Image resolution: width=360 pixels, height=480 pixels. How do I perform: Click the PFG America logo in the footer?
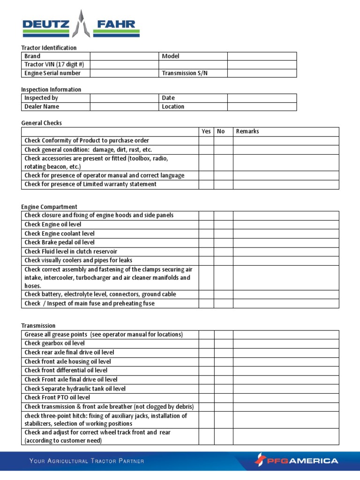point(296,460)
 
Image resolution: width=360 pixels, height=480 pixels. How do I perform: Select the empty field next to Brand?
point(124,56)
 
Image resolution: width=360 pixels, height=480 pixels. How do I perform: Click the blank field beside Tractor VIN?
point(124,65)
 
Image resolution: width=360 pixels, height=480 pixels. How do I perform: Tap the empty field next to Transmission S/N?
point(262,73)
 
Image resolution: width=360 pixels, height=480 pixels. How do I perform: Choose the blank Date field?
point(262,98)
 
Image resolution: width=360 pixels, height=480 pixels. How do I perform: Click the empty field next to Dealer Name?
point(124,106)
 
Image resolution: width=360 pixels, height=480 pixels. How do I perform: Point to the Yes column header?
point(206,132)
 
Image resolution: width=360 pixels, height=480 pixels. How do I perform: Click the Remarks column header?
point(247,132)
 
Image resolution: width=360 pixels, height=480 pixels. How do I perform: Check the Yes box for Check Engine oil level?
point(206,225)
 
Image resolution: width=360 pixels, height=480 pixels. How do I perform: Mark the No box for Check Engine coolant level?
point(224,233)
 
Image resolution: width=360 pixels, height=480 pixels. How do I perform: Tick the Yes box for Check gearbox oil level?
point(206,344)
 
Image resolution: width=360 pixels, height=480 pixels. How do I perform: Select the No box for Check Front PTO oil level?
point(224,397)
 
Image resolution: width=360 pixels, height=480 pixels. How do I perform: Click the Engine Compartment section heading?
point(49,207)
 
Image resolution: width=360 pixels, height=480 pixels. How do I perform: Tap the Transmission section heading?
point(38,326)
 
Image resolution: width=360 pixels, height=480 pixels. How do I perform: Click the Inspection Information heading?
point(51,90)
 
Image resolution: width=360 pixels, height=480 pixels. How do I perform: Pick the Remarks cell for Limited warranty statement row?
point(286,184)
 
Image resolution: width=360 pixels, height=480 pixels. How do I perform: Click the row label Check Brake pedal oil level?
point(60,242)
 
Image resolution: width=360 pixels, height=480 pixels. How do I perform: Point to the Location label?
point(173,106)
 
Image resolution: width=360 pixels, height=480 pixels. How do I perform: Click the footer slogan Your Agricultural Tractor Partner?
point(87,461)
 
